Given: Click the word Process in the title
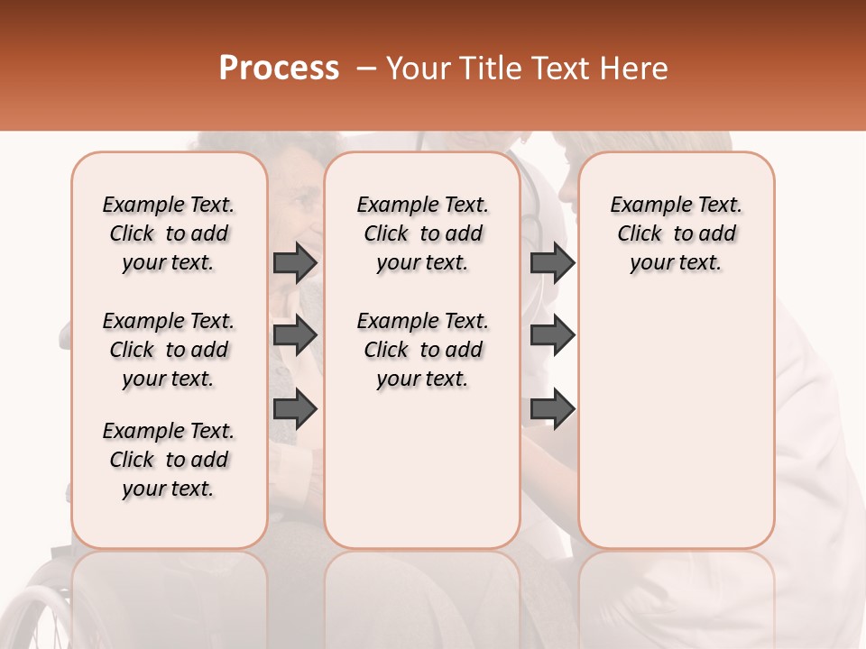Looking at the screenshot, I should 279,69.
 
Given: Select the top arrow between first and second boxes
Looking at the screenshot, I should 295,262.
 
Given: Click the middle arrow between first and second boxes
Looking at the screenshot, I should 295,336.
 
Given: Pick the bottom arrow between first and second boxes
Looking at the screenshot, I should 295,409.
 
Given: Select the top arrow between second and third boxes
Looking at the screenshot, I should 552,262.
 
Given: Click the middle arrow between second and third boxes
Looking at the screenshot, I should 552,336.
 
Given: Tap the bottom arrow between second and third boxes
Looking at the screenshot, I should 552,409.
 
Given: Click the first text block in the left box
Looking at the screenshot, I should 169,233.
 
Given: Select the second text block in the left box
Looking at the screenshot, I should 169,350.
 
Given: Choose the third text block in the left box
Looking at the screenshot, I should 169,460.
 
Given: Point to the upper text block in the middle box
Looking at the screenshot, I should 423,233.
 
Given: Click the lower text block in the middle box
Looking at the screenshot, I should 423,350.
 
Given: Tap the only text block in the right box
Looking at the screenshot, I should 677,233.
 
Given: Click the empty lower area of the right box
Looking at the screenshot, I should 677,433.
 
